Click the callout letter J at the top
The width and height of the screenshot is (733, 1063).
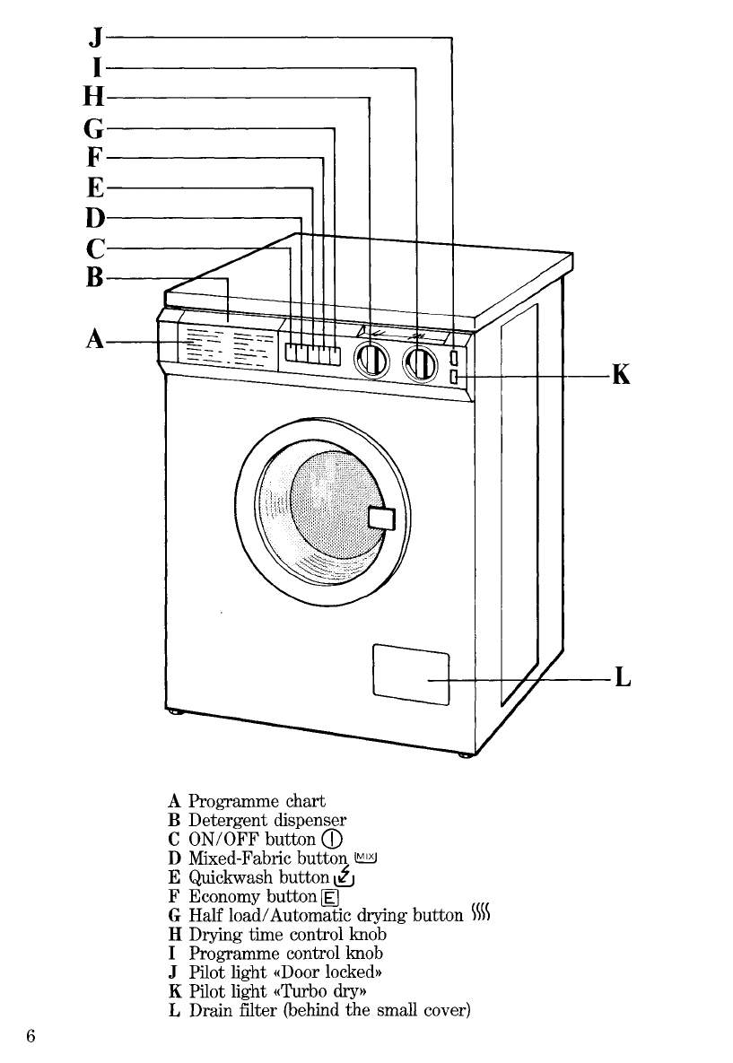(97, 38)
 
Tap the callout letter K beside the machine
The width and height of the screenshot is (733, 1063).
(621, 373)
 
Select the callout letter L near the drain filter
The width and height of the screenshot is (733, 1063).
(623, 676)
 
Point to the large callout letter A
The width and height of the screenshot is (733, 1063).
(96, 338)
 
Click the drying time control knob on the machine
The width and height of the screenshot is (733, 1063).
(371, 362)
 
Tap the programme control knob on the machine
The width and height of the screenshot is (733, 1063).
(421, 364)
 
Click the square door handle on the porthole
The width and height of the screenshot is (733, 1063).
(381, 518)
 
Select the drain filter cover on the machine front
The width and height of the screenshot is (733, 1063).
(411, 675)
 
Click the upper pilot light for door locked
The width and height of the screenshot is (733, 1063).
(454, 357)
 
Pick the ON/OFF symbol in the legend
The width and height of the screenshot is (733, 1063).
(332, 840)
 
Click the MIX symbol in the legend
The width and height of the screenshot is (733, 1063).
(365, 858)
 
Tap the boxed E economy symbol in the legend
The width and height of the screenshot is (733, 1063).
(329, 898)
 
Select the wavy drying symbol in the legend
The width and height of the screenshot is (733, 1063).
(481, 913)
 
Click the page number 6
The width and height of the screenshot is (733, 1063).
(31, 1036)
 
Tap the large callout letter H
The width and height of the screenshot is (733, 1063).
(94, 97)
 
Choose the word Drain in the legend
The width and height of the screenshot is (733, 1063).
(210, 1010)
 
